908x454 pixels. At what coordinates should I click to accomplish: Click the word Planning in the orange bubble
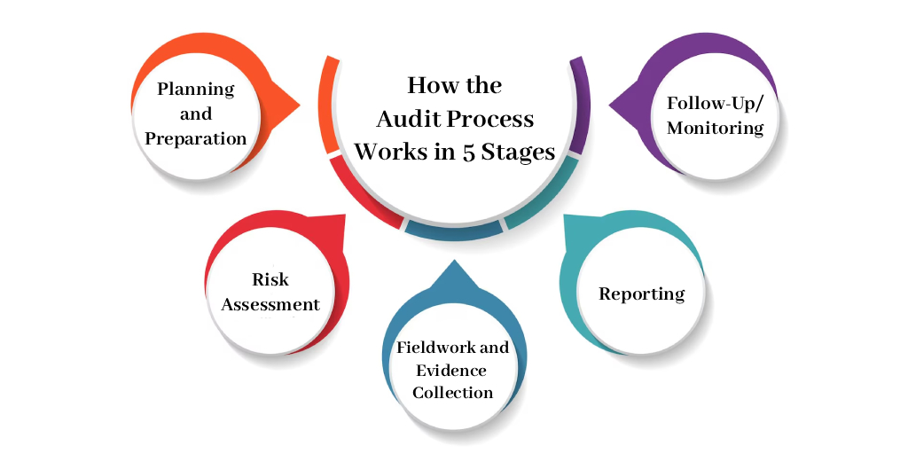pos(196,90)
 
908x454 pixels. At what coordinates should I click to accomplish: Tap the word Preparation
pos(196,139)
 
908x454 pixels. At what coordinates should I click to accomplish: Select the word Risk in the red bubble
pos(270,279)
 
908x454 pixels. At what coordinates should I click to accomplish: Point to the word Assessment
pos(270,305)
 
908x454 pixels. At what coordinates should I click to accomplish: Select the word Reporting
pos(642,294)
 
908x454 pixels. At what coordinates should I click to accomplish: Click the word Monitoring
pos(716,128)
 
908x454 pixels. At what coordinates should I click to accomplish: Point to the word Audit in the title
pos(405,120)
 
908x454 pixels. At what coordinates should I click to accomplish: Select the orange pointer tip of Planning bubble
pos(299,105)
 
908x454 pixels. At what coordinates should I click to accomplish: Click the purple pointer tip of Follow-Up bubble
pos(610,105)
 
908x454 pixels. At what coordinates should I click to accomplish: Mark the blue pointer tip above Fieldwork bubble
pos(453,261)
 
